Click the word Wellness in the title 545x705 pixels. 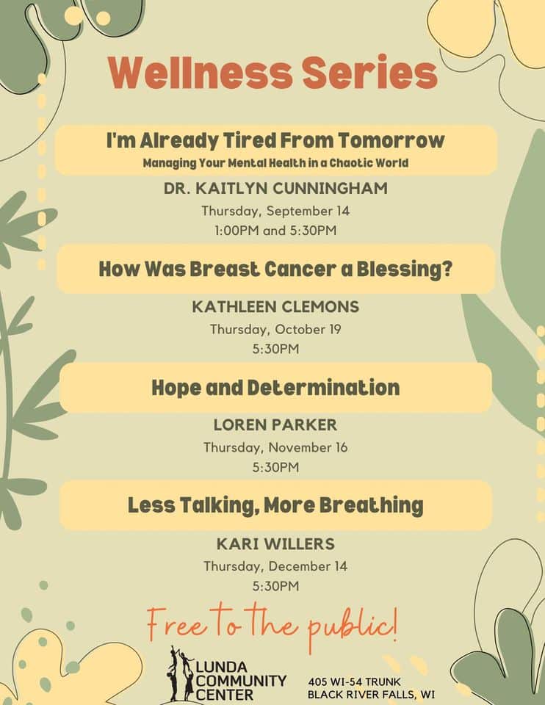[187, 73]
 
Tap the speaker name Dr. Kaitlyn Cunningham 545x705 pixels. [275, 189]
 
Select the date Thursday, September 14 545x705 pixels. [275, 211]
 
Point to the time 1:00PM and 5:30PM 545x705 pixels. [275, 231]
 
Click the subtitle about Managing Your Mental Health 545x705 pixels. [275, 162]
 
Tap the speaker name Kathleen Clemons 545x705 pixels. [275, 308]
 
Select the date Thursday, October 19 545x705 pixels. [275, 330]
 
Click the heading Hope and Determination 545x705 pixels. [275, 387]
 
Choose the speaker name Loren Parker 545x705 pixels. [275, 425]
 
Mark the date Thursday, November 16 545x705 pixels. [275, 447]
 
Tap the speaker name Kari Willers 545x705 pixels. [275, 544]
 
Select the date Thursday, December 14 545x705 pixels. [275, 566]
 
